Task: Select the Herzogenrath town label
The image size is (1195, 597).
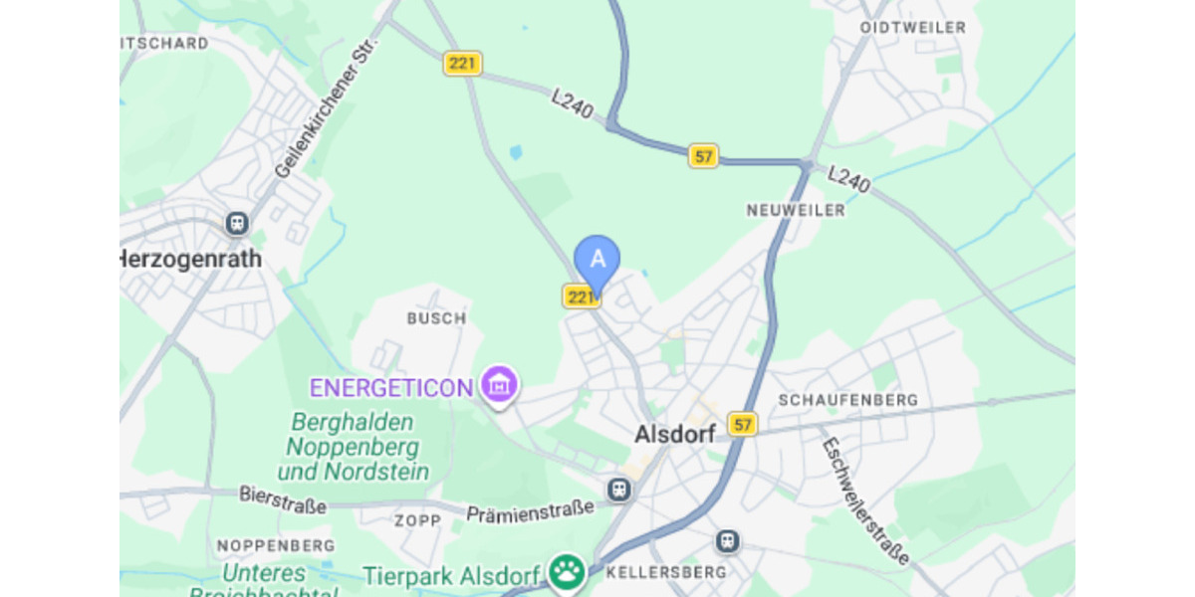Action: pos(191,259)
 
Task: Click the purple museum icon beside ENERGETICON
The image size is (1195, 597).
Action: pos(499,384)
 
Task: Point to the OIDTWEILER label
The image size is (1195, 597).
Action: pos(913,28)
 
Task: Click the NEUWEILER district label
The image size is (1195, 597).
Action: pos(796,210)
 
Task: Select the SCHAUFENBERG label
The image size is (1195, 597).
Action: pos(848,399)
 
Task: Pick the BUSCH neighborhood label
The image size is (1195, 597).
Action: pos(436,318)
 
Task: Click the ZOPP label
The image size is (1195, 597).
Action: pos(417,521)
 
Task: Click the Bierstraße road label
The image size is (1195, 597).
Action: pos(283,499)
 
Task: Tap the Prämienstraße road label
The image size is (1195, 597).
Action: pos(530,510)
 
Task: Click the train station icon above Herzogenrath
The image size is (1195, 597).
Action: pos(237,222)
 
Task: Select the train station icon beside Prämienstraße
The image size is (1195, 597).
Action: pos(619,489)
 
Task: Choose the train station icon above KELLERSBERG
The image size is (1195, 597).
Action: pos(728,541)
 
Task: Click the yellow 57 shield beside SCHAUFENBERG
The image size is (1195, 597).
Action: pos(742,424)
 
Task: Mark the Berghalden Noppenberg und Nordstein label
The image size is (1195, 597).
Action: pos(355,447)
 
